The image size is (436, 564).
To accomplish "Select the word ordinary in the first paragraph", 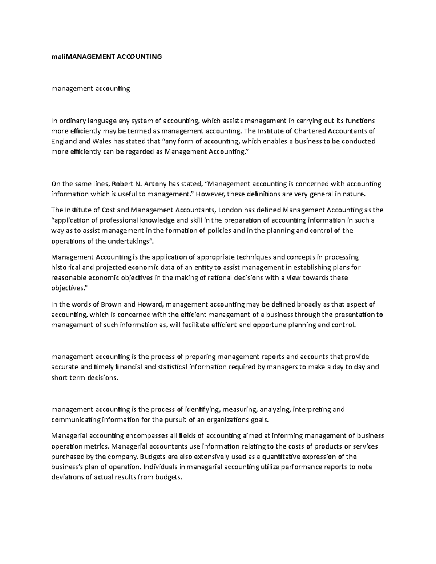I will (x=72, y=121).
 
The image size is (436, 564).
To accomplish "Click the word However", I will (x=212, y=194).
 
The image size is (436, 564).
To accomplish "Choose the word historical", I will (x=65, y=267).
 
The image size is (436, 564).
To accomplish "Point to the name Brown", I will (x=112, y=304).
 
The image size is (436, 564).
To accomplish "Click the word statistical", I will (x=173, y=367).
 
